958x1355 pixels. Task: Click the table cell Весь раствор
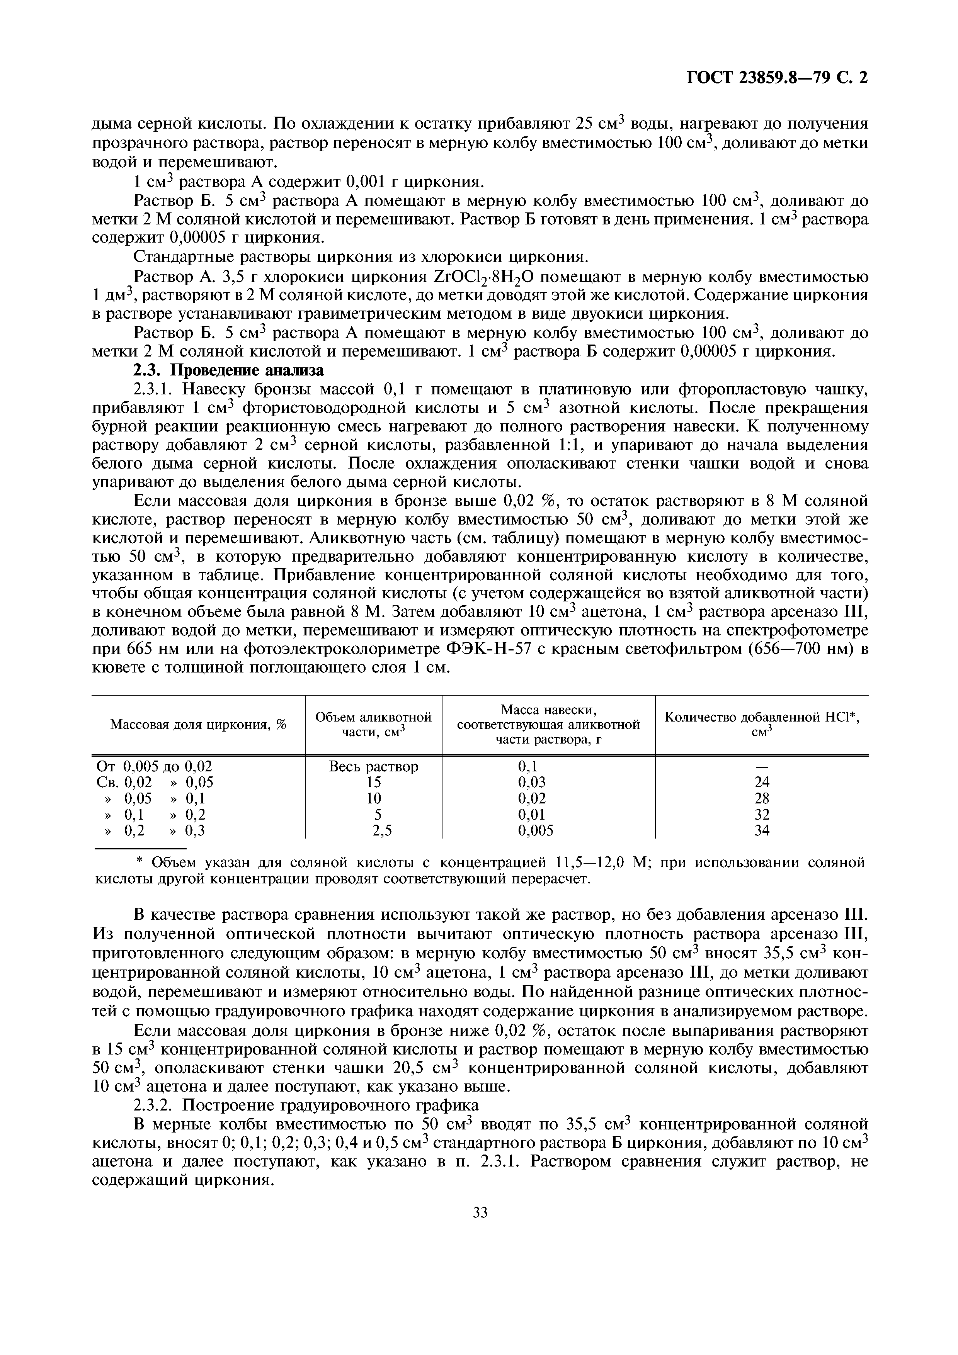373,767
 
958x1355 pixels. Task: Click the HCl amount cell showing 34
762,831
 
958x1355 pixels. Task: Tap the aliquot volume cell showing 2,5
373,831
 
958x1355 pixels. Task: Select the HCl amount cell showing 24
762,783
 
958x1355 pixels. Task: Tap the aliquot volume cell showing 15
373,783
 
